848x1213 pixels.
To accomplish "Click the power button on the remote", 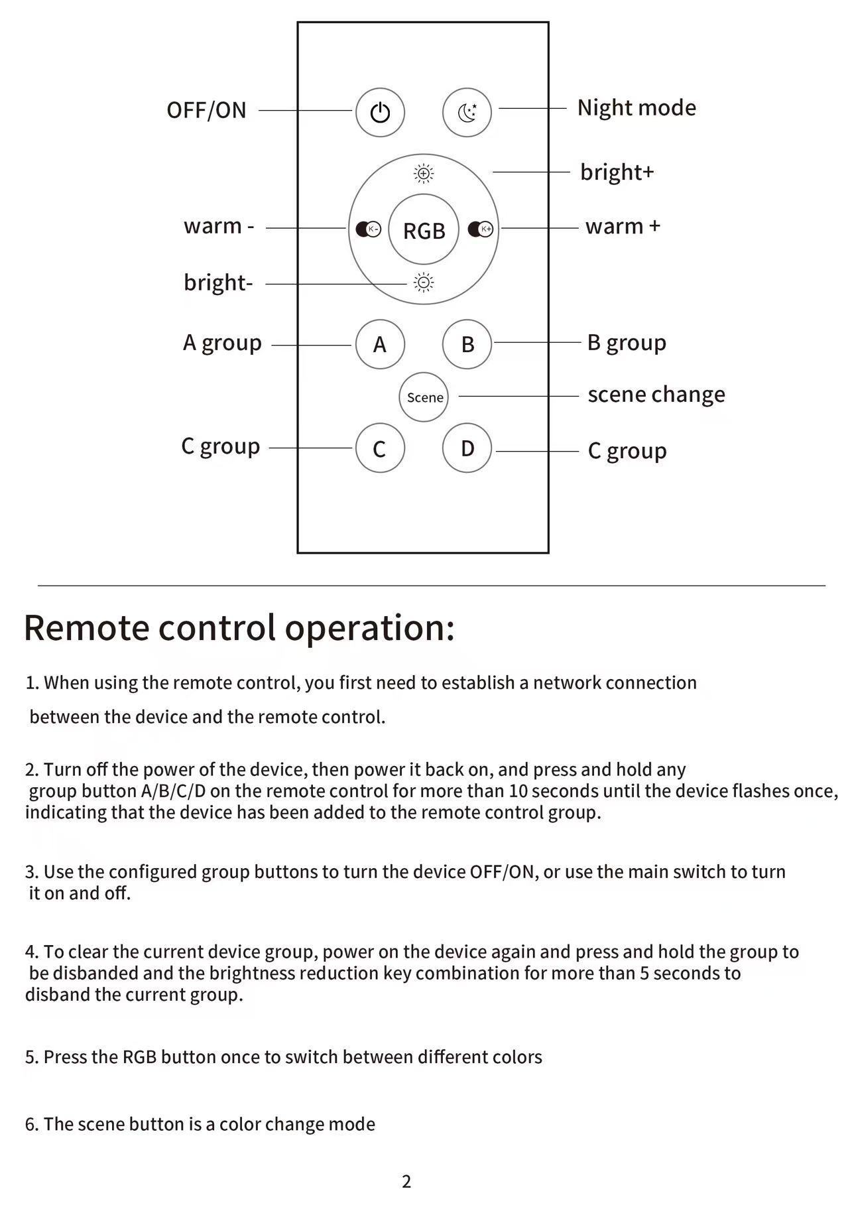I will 380,113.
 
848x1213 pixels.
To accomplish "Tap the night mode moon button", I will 467,113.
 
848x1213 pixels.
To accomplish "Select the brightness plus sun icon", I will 424,174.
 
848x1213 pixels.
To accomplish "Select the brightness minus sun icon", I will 424,283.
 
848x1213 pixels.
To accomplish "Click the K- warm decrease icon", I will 369,229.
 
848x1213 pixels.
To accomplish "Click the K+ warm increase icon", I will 481,229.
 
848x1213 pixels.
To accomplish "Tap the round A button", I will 380,344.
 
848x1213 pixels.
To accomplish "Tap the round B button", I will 467,344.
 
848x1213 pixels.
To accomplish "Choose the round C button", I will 380,448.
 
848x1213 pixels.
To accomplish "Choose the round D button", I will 467,448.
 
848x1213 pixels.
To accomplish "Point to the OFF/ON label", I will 206,110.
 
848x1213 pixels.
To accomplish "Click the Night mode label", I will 636,107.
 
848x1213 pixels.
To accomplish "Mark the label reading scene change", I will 656,395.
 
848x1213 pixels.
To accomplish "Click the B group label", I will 627,343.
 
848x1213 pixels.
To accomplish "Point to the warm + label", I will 623,227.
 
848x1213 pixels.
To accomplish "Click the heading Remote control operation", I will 239,627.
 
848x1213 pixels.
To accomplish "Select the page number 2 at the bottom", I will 406,1181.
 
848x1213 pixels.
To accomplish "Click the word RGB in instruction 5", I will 139,1057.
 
